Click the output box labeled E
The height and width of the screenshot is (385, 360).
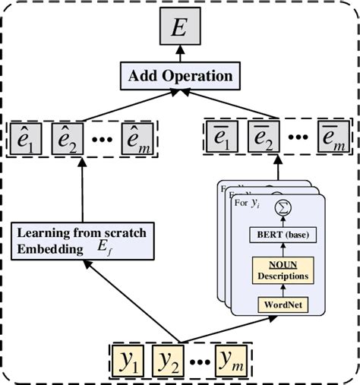[180, 30]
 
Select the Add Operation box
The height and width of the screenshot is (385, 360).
[180, 76]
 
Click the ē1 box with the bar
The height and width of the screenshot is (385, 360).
[223, 140]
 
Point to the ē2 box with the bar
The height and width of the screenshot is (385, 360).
[262, 140]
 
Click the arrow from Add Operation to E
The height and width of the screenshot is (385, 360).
[180, 54]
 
